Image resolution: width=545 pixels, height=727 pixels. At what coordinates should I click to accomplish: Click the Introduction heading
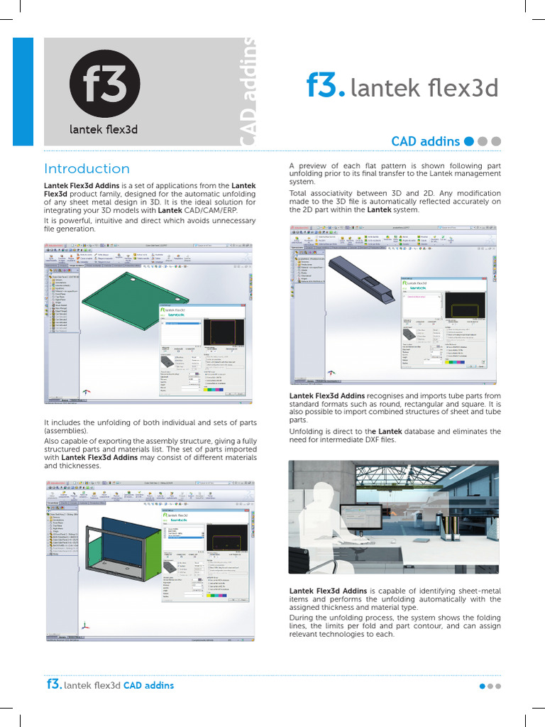87,169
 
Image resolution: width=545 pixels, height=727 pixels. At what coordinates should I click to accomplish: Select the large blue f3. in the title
326,88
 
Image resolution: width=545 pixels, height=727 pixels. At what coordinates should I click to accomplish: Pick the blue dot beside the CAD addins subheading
468,141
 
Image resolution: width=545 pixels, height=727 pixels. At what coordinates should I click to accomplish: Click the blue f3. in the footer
53,684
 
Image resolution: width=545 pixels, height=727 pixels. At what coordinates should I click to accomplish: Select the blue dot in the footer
483,687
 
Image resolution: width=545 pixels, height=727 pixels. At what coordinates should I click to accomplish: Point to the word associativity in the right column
338,193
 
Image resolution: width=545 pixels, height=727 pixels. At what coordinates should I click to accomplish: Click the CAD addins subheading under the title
425,141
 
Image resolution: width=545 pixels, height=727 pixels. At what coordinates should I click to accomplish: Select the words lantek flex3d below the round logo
104,129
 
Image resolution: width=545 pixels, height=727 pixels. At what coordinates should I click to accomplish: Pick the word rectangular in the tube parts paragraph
436,405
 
